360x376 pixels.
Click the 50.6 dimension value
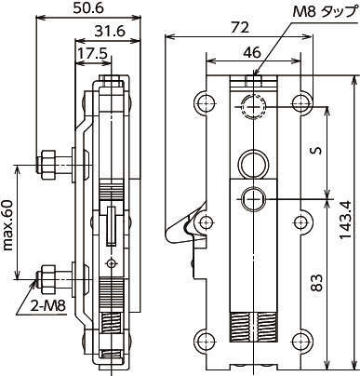coord(88,8)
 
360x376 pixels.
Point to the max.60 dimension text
coord(8,225)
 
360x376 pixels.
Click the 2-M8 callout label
coord(48,306)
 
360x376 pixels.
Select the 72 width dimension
coord(241,28)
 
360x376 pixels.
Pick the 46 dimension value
coord(252,53)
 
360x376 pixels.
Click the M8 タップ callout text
coord(324,13)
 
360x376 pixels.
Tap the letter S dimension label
coord(316,151)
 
